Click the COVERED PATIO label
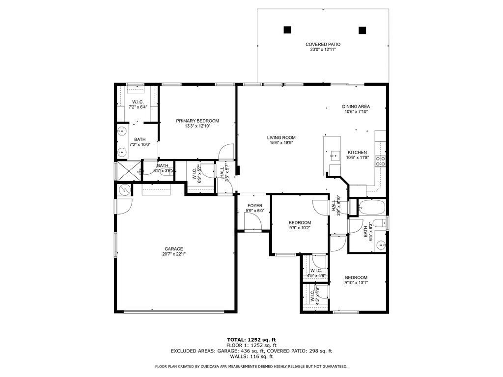[323, 44]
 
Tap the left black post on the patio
[287, 29]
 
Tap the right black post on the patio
[363, 30]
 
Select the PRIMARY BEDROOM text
[197, 121]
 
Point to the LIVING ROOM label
[281, 137]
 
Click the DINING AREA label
[356, 107]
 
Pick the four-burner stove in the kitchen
[380, 162]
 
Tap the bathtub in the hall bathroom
[372, 208]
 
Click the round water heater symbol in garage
[124, 189]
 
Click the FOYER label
[254, 206]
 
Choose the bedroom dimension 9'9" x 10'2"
[300, 227]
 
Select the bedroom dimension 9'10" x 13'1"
[356, 282]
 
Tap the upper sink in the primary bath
[121, 131]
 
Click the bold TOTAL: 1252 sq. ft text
[251, 340]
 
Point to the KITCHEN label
[357, 152]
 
